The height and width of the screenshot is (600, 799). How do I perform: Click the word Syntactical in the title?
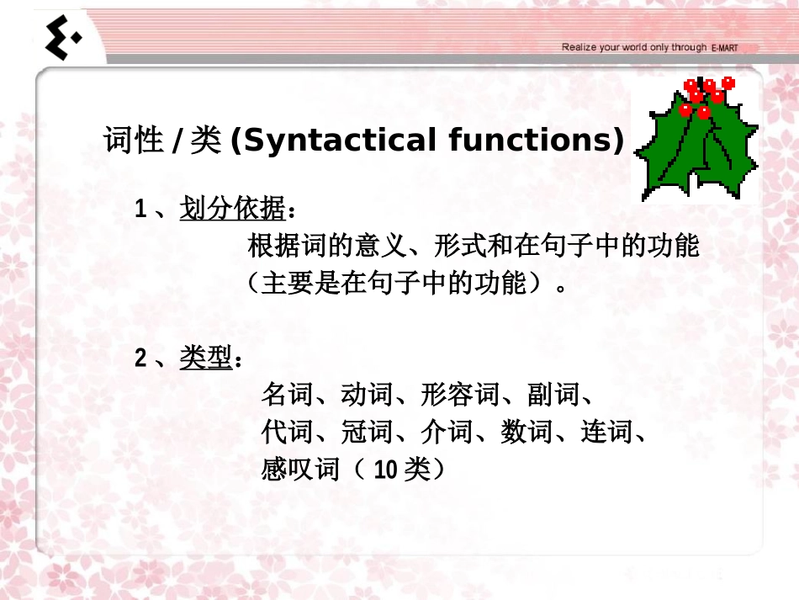coord(333,141)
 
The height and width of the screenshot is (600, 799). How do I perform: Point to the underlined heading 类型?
coord(205,359)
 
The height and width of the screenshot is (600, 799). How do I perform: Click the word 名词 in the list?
coord(287,394)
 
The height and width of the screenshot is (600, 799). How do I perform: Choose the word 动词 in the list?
coord(367,394)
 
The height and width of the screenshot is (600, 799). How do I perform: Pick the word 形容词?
coord(460,394)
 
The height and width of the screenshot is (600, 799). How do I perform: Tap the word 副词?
coord(553,394)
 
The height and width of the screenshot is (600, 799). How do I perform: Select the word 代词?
coord(287,433)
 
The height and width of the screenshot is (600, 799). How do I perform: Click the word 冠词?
coord(367,433)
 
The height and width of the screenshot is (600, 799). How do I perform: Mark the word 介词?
coord(447,433)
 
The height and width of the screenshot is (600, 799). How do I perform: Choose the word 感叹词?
coord(300,470)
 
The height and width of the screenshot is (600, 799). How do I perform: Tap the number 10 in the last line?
coord(385,470)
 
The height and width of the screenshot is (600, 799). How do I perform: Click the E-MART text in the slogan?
coord(724,48)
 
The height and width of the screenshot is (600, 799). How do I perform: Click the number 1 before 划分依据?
coord(141,209)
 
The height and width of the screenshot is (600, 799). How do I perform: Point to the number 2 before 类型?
coord(141,360)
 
